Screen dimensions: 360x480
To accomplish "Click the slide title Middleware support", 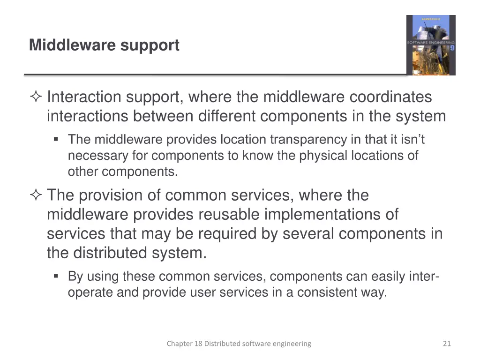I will click(x=104, y=45).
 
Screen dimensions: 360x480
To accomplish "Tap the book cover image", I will click(x=430, y=45).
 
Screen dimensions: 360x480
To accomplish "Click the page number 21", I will click(x=446, y=344).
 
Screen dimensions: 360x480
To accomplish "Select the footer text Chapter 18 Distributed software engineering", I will click(x=239, y=344).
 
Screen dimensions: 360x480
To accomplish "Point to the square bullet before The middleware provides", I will click(x=56, y=139).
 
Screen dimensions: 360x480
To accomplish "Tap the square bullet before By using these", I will click(x=56, y=276).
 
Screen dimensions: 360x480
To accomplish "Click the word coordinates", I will click(x=390, y=97).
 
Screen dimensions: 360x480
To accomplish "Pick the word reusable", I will click(x=229, y=215).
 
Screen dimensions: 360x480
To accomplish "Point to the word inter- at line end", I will click(x=424, y=277).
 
